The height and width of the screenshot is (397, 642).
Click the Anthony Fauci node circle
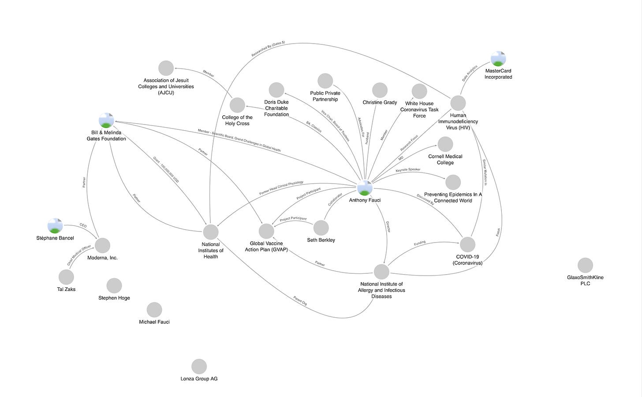coord(365,187)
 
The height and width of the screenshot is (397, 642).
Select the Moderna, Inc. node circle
coord(102,245)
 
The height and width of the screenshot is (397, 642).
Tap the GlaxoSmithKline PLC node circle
coord(585,265)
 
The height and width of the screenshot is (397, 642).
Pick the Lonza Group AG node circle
coord(199,366)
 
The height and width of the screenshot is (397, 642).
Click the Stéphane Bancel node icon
coord(55,226)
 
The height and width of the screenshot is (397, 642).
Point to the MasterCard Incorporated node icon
coord(498,59)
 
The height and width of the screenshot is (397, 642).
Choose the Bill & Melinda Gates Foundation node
coord(106,120)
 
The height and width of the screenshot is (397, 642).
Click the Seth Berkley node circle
coord(321,228)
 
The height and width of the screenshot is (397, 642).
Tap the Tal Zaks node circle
coord(66,277)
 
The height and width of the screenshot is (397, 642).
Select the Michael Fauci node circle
coord(154,309)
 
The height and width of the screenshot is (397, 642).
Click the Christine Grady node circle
coord(380,90)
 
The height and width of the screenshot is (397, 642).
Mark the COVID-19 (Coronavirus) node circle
coord(467,244)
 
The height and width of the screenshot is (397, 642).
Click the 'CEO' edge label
coord(83,226)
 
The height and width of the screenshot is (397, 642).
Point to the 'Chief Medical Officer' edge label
coord(79,255)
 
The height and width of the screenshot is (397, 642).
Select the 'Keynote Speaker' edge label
coord(408,169)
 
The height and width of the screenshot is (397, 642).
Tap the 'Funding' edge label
coord(420,243)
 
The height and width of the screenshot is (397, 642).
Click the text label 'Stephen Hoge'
coord(114,298)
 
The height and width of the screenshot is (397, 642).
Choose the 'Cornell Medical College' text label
coord(445,159)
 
